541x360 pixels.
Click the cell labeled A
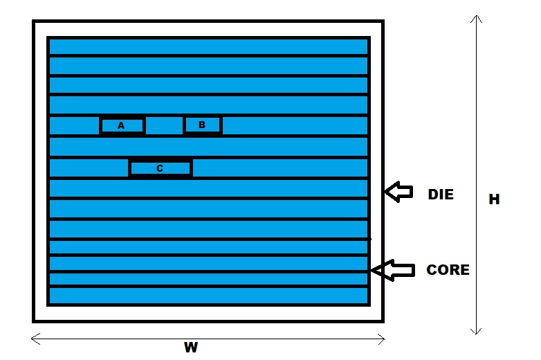pos(122,125)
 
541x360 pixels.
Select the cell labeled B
pos(202,125)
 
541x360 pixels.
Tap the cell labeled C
pos(160,168)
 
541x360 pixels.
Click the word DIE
pos(440,195)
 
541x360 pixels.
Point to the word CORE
pos(448,270)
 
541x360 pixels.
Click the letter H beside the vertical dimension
pos(494,199)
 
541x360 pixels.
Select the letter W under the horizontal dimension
pos(191,348)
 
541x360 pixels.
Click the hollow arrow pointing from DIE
pos(398,192)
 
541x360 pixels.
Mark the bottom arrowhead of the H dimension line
pos(475,330)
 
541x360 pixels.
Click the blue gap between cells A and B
pos(164,125)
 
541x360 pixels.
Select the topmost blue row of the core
pos(208,46)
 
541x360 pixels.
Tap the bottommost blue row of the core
pos(208,296)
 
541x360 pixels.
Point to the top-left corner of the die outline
pos(34,22)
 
